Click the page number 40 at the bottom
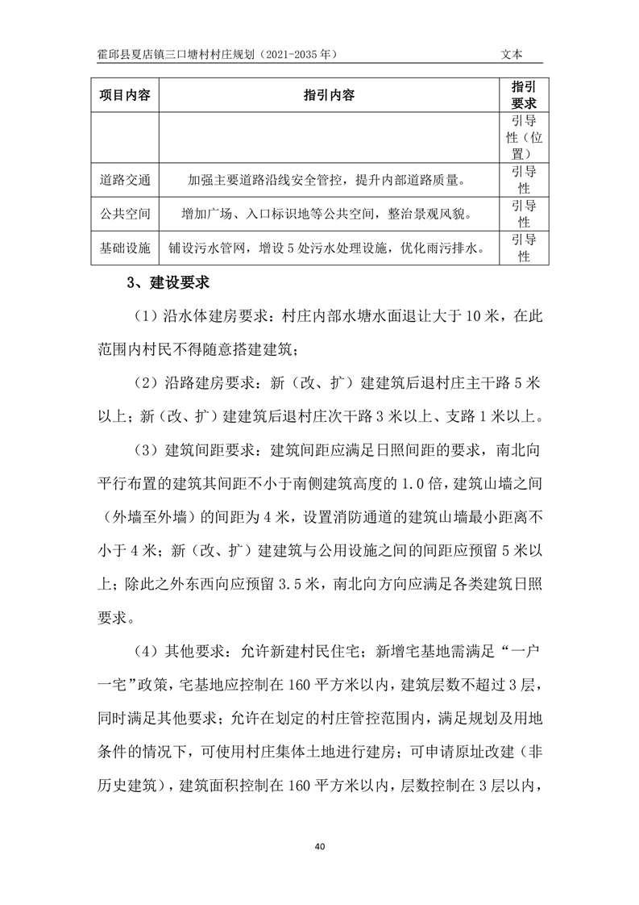point(319,846)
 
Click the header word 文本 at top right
point(512,54)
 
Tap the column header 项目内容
point(125,95)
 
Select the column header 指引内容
point(329,95)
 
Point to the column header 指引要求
point(524,95)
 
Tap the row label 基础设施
point(125,248)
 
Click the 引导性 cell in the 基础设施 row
point(524,248)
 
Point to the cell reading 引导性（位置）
point(524,136)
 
